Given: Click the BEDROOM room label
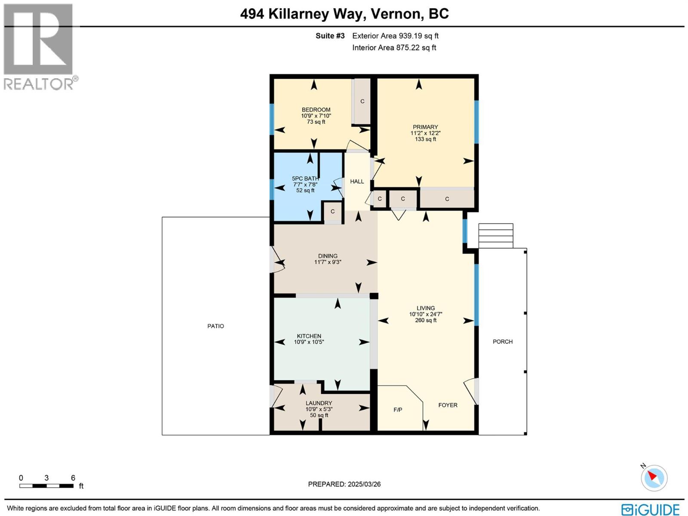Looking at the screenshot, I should click(316, 110).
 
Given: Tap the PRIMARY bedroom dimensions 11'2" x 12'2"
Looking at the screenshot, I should click(425, 133).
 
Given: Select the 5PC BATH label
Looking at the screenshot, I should click(305, 178).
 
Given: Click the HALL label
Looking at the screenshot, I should click(357, 181).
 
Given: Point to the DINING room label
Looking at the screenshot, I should click(328, 256).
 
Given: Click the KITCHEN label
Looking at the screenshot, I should click(309, 336).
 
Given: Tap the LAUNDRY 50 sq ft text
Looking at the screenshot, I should click(319, 415).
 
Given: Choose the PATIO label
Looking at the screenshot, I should click(215, 326).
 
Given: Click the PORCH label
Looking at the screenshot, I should click(502, 342).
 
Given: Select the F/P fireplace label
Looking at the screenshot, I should click(398, 410).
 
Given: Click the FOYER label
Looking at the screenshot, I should click(448, 405).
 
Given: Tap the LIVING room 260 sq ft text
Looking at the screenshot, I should click(426, 320).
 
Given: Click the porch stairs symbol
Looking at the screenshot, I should click(496, 236).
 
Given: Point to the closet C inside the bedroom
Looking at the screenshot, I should click(362, 101).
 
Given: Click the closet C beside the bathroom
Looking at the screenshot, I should click(332, 212).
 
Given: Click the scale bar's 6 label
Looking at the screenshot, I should click(73, 478).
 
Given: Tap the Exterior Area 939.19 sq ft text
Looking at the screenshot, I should click(395, 36).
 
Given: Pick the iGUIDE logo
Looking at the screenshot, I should click(650, 509).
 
